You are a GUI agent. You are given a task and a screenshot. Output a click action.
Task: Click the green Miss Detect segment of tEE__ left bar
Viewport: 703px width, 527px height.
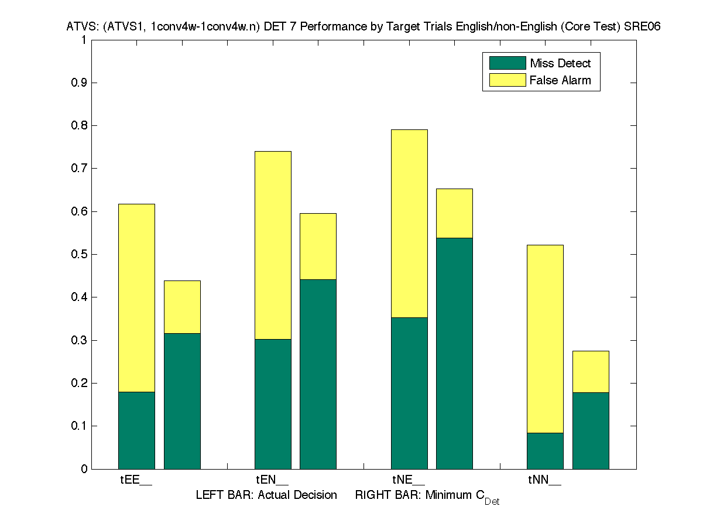click(136, 430)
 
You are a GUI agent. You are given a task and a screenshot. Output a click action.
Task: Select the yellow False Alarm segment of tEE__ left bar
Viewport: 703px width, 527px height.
click(136, 297)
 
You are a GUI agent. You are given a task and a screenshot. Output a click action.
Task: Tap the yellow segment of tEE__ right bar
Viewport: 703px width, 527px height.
click(182, 307)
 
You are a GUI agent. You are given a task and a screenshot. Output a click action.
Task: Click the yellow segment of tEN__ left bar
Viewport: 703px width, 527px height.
click(273, 245)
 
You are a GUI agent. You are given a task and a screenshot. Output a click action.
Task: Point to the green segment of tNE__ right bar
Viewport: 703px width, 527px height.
click(454, 353)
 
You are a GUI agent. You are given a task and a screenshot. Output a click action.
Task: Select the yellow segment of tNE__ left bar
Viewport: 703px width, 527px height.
click(409, 223)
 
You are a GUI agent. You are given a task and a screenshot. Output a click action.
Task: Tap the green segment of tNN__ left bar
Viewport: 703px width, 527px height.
click(545, 451)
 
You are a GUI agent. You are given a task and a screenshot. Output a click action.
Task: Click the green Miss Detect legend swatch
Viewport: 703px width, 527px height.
click(503, 63)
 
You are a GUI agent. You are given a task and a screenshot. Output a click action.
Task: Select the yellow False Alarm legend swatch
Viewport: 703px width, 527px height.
click(503, 80)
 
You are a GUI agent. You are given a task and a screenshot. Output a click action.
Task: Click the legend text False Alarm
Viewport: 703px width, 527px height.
click(560, 80)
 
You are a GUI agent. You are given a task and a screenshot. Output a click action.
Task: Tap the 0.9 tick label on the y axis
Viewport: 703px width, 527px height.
click(78, 83)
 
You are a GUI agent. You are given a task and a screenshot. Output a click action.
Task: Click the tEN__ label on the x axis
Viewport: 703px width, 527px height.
click(272, 481)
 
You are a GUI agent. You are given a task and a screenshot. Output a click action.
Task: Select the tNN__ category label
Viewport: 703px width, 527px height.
click(544, 481)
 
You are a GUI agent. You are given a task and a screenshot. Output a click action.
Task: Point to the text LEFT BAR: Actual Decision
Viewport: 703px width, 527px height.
click(266, 495)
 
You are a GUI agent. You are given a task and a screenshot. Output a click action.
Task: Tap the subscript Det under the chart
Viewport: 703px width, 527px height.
click(492, 502)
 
